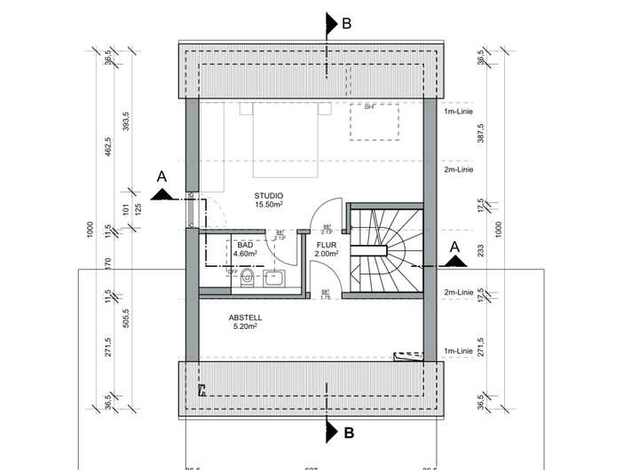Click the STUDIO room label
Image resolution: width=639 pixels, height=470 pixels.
point(268,195)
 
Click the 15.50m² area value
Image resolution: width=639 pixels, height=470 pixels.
point(268,205)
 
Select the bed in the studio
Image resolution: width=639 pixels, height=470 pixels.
point(285,140)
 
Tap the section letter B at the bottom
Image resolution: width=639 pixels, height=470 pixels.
point(349,434)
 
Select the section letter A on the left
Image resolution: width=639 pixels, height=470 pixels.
point(162,177)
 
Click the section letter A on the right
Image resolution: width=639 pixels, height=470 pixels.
point(455,246)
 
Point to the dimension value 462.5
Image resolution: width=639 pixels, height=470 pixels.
point(108,146)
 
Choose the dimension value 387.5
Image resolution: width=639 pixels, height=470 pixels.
point(481,133)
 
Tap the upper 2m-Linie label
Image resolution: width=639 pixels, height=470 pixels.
point(459,169)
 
